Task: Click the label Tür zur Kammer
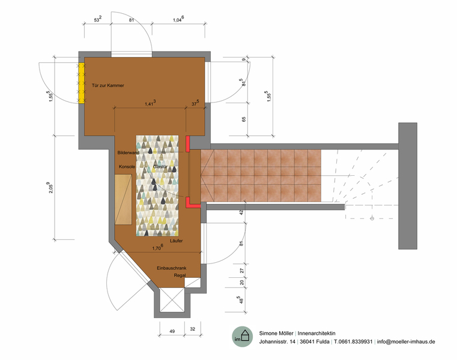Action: tap(108, 85)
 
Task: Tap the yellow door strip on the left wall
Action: tap(82, 83)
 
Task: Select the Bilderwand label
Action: tap(129, 152)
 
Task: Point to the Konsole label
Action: tap(127, 167)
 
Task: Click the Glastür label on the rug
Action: tap(160, 167)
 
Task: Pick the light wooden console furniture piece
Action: tap(123, 200)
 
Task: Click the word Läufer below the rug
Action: tap(177, 241)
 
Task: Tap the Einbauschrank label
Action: tap(172, 268)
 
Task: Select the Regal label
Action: tap(180, 275)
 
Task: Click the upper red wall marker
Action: tap(188, 144)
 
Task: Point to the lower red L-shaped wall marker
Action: tap(192, 203)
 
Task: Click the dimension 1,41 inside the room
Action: tap(150, 103)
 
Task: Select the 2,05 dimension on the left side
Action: tap(50, 188)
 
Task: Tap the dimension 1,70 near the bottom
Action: tap(158, 248)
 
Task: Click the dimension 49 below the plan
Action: tap(172, 331)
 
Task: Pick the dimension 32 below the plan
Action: tap(192, 329)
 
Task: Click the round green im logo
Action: tap(243, 337)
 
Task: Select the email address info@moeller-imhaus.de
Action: tap(406, 341)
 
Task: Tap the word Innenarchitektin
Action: tap(316, 333)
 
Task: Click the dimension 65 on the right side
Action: tap(244, 119)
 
